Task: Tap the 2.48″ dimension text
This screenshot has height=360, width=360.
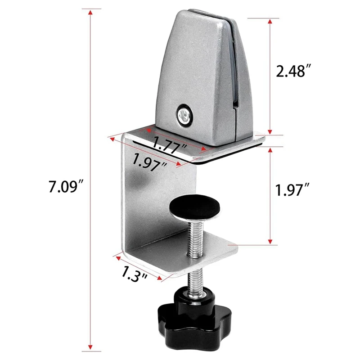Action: (293, 71)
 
